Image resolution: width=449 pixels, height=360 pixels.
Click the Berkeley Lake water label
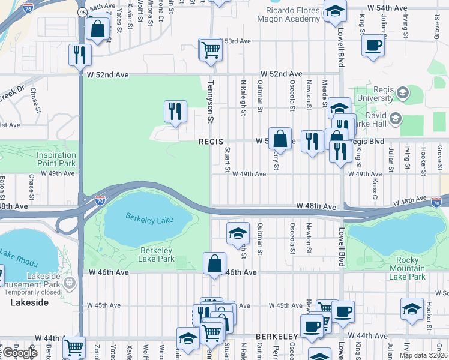coord(148,220)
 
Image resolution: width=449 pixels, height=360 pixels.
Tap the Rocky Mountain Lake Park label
coord(408,268)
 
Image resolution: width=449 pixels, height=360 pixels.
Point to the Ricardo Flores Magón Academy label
coord(284,14)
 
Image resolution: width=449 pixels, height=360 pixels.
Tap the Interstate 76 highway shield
coord(28,8)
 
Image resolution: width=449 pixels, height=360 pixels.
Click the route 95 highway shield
coord(82,11)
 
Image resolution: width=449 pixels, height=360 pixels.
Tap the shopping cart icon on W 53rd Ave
coord(211,49)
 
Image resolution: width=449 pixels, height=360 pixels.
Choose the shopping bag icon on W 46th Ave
coord(214,263)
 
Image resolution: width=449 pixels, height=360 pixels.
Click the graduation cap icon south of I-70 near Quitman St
coord(238,233)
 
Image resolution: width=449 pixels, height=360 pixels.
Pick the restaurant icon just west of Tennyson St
coord(175,111)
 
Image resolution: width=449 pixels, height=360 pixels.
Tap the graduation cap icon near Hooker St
coord(412,308)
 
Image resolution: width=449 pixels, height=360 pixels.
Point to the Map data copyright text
coord(423,355)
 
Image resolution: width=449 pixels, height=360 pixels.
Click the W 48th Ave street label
coord(316,206)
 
